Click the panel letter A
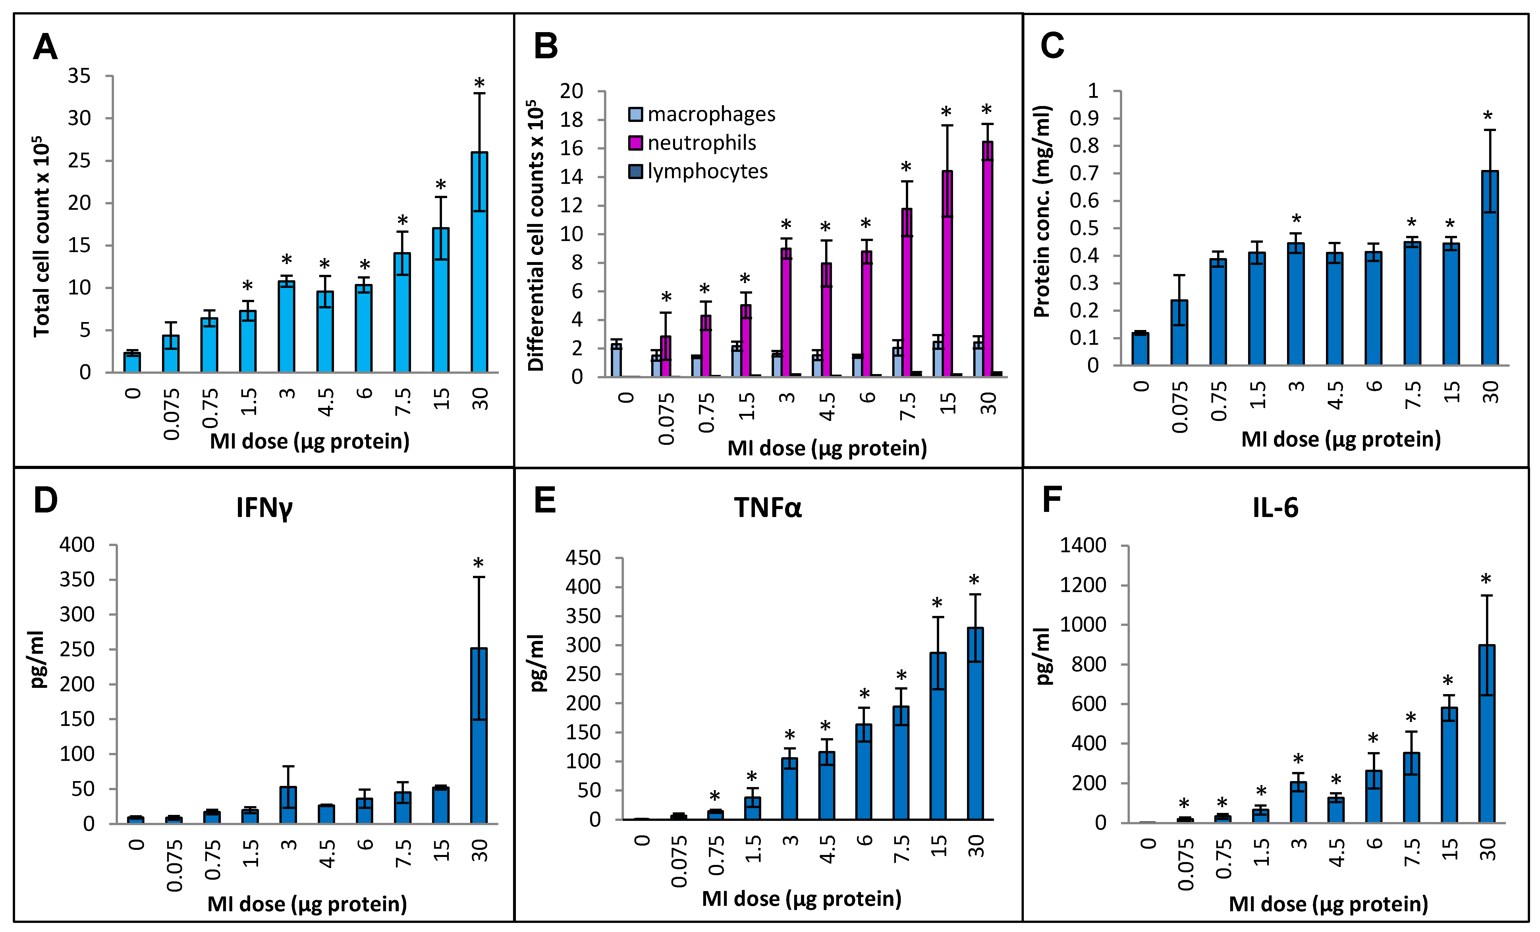coord(45,47)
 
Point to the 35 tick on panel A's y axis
coord(79,76)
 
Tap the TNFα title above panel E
coord(767,508)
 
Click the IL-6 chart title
coord(1275,508)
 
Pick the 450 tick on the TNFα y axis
coord(582,558)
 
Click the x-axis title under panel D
coord(307,904)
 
